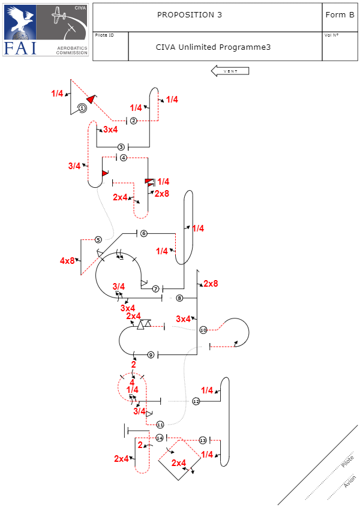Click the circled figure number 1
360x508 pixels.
pos(82,107)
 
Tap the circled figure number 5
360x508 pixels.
pos(98,240)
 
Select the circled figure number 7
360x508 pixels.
pos(155,289)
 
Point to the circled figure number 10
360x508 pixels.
pos(203,330)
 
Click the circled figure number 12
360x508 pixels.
pos(196,401)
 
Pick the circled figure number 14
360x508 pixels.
pos(160,438)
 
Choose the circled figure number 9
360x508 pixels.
pos(151,355)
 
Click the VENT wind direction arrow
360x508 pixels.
pos(230,71)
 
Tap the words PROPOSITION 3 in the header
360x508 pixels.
pos(189,15)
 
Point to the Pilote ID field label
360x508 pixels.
pos(104,35)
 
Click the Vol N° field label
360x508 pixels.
pos(331,35)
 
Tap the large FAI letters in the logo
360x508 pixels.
pos(20,48)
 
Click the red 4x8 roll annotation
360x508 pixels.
pos(68,260)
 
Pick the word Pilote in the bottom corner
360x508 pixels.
pos(347,462)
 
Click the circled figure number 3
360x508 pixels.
pos(121,147)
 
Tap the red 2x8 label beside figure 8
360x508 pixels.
pos(211,284)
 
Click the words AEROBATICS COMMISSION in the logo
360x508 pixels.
pos(72,50)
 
